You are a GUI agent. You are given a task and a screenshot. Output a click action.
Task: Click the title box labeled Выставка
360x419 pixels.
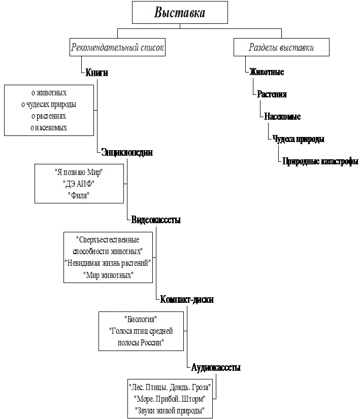pos(180,12)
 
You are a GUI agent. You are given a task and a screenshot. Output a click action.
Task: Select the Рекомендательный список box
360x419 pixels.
pos(117,47)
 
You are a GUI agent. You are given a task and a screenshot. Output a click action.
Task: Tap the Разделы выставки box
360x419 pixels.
pos(281,47)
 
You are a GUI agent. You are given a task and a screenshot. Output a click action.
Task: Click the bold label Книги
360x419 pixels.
pos(96,73)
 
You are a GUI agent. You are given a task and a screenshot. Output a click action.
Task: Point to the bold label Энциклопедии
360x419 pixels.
pos(127,152)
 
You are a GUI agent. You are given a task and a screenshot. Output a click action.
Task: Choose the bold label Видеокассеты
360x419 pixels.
pos(156,220)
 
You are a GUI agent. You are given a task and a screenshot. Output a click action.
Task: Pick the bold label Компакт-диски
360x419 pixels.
pos(187,299)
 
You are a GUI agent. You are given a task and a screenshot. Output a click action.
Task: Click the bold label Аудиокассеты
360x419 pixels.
pos(216,367)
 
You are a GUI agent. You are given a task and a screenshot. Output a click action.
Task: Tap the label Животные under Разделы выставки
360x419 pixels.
pos(267,72)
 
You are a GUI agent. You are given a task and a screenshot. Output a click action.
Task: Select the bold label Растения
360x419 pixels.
pos(272,94)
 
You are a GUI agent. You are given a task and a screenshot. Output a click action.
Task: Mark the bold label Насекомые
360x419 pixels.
pos(282,116)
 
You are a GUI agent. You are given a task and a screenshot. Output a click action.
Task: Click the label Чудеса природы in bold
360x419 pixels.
pos(298,138)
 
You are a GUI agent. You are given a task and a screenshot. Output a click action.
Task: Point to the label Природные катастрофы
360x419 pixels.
pos(320,161)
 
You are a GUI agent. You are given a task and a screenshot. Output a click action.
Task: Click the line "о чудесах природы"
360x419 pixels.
pos(49,104)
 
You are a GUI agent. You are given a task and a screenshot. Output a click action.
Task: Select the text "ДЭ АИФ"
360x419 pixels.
pos(79,184)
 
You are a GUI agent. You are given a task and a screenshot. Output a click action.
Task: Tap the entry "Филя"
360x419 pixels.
pos(79,195)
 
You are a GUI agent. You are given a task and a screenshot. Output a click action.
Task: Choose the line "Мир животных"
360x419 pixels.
pos(108,275)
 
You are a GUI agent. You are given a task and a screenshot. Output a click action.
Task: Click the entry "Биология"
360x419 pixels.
pos(141,320)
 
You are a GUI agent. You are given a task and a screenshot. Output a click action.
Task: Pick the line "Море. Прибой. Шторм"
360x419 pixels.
pos(170,399)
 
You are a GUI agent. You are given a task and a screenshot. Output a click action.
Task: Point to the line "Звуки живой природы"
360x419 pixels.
pos(170,410)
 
